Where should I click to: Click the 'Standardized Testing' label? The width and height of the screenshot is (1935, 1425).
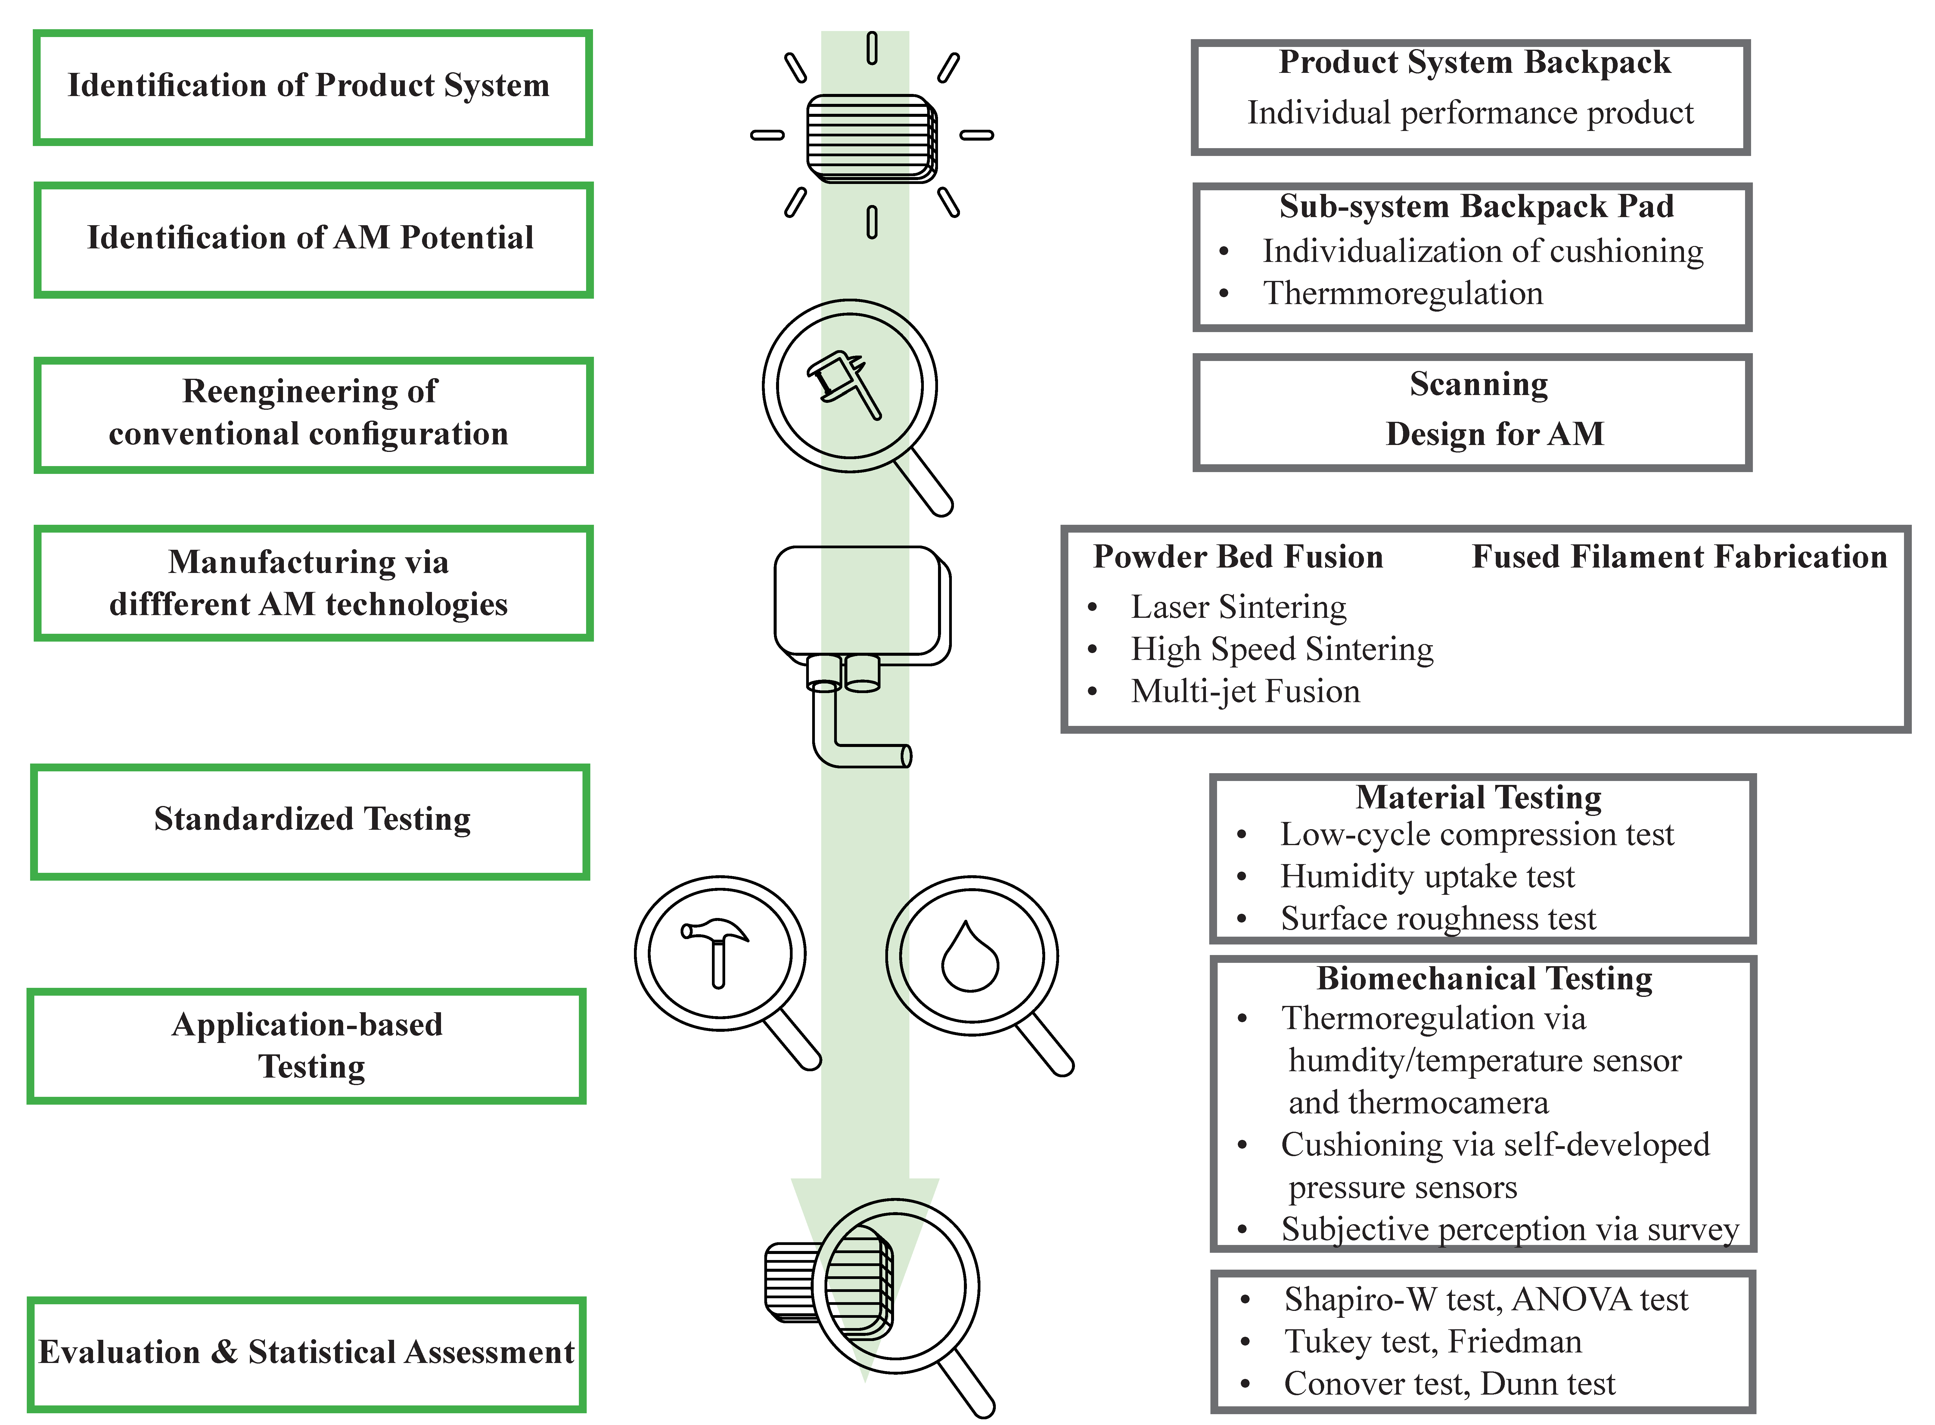coord(312,819)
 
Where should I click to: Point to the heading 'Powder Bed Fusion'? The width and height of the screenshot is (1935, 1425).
coord(1238,557)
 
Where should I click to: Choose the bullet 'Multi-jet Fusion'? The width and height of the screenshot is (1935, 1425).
coord(1245,692)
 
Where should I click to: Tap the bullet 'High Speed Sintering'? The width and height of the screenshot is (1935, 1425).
coord(1281,649)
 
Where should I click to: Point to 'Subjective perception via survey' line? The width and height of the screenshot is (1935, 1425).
coord(1509,1229)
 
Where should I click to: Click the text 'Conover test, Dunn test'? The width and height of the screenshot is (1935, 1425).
coord(1449,1383)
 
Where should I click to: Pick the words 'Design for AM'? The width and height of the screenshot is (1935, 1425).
coord(1494,434)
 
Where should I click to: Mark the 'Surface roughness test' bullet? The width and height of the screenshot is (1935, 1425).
coord(1437,919)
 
